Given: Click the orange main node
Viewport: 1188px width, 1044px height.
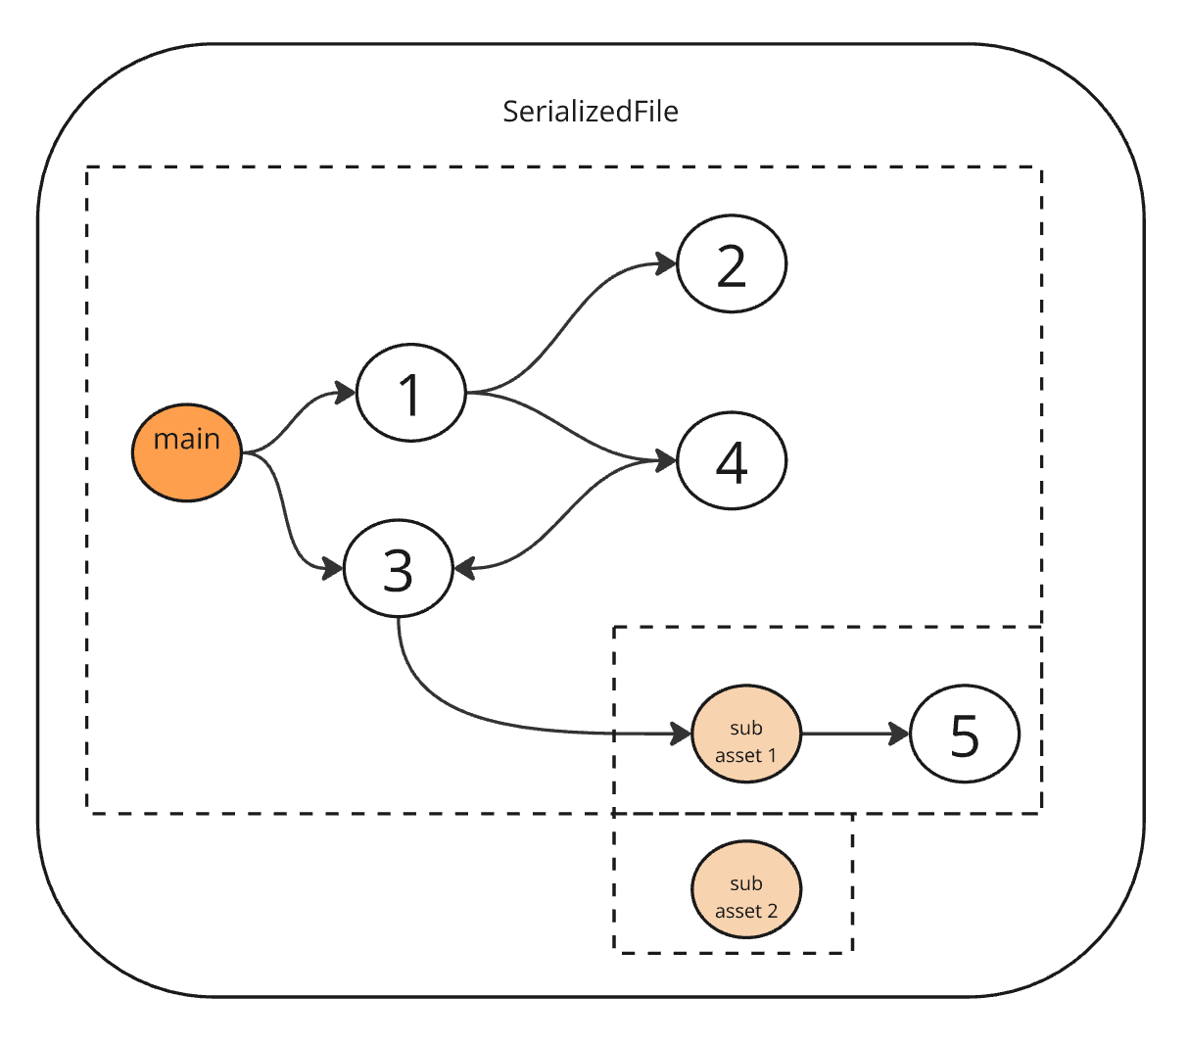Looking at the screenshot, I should (x=186, y=452).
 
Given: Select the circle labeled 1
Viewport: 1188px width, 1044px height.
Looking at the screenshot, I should (x=410, y=393).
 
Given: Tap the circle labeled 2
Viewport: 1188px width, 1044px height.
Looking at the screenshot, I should (x=732, y=264).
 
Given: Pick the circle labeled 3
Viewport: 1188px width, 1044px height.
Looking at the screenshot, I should (x=398, y=569).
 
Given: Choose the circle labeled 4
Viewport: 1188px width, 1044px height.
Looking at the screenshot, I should (x=732, y=460).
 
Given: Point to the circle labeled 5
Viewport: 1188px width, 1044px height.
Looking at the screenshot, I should (x=965, y=734).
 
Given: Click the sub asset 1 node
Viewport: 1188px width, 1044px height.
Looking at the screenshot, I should (x=746, y=734).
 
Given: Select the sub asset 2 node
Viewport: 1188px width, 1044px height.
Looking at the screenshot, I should (x=746, y=889).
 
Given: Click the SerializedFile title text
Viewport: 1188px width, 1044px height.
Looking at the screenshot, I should (x=590, y=112).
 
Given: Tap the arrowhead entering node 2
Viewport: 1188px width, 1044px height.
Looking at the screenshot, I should (x=667, y=263).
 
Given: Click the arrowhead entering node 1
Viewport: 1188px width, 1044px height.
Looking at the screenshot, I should (x=345, y=394).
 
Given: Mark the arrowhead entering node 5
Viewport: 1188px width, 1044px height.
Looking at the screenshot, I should (x=899, y=734).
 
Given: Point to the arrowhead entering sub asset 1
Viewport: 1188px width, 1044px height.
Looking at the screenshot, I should (x=681, y=734).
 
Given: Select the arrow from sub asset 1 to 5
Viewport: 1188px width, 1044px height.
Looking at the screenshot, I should (x=847, y=734).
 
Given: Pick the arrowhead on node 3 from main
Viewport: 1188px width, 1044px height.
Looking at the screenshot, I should (x=332, y=568).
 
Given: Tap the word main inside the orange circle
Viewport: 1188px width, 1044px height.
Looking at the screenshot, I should (x=186, y=440).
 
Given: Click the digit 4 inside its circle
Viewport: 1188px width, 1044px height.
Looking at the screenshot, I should (x=732, y=461).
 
